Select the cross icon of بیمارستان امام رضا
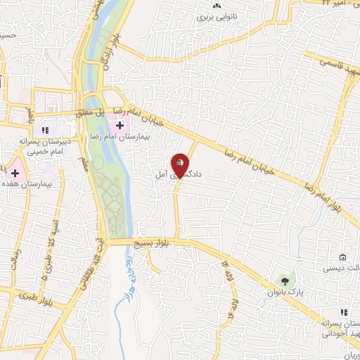pyautogui.click(x=120, y=125)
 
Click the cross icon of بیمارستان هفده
pyautogui.click(x=15, y=172)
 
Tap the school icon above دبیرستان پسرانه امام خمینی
pyautogui.click(x=46, y=130)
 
